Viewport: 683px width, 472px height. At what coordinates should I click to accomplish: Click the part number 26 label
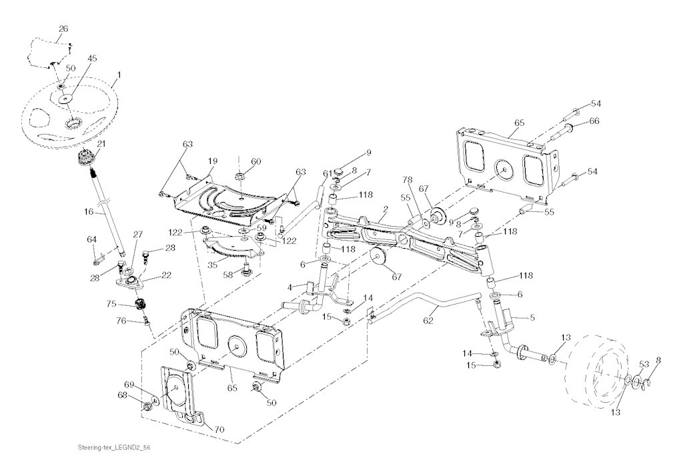click(x=63, y=29)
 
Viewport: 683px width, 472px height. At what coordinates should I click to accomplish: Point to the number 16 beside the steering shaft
click(x=89, y=212)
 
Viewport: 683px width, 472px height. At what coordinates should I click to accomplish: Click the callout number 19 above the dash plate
click(x=212, y=161)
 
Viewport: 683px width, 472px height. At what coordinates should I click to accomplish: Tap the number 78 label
click(x=407, y=179)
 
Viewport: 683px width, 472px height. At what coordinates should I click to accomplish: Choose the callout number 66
click(x=594, y=121)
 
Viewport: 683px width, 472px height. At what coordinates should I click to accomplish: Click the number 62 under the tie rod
click(x=429, y=321)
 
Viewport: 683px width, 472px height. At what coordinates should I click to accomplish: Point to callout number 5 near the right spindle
click(x=532, y=317)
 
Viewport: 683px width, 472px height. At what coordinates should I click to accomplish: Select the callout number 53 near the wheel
click(x=644, y=364)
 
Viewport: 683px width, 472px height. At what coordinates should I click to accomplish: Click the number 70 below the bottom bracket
click(x=219, y=430)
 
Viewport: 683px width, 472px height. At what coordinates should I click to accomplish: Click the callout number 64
click(x=91, y=239)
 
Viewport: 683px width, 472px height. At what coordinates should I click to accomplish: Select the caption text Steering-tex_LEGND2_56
click(x=110, y=447)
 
